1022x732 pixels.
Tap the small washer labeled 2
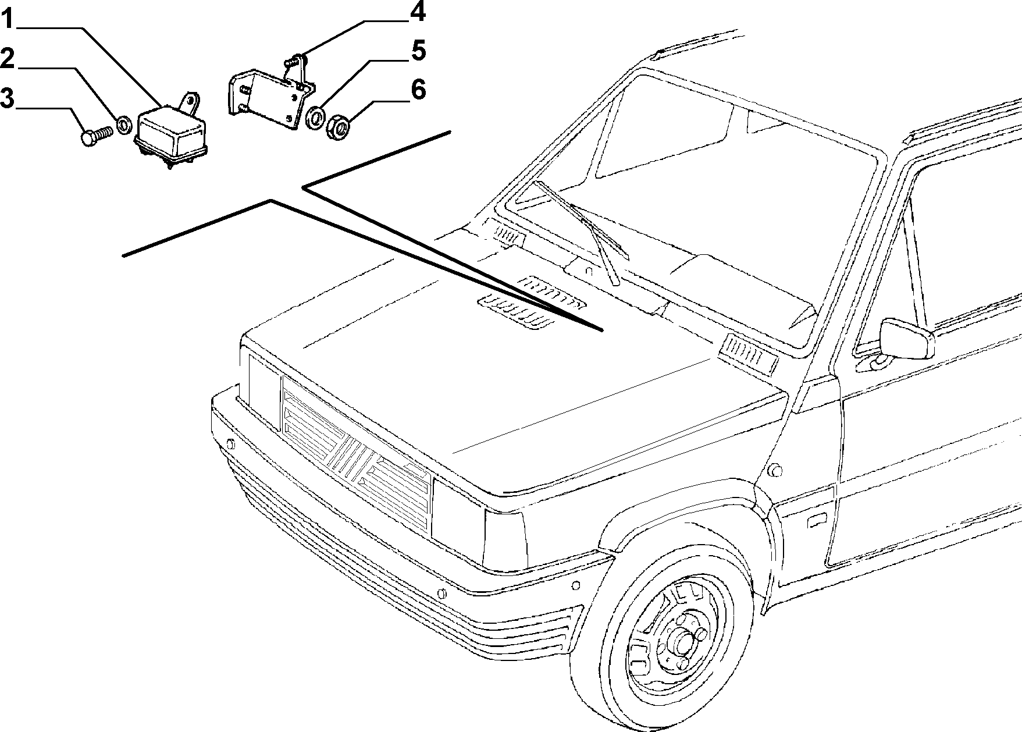124,124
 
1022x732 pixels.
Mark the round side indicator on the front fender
774,470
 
